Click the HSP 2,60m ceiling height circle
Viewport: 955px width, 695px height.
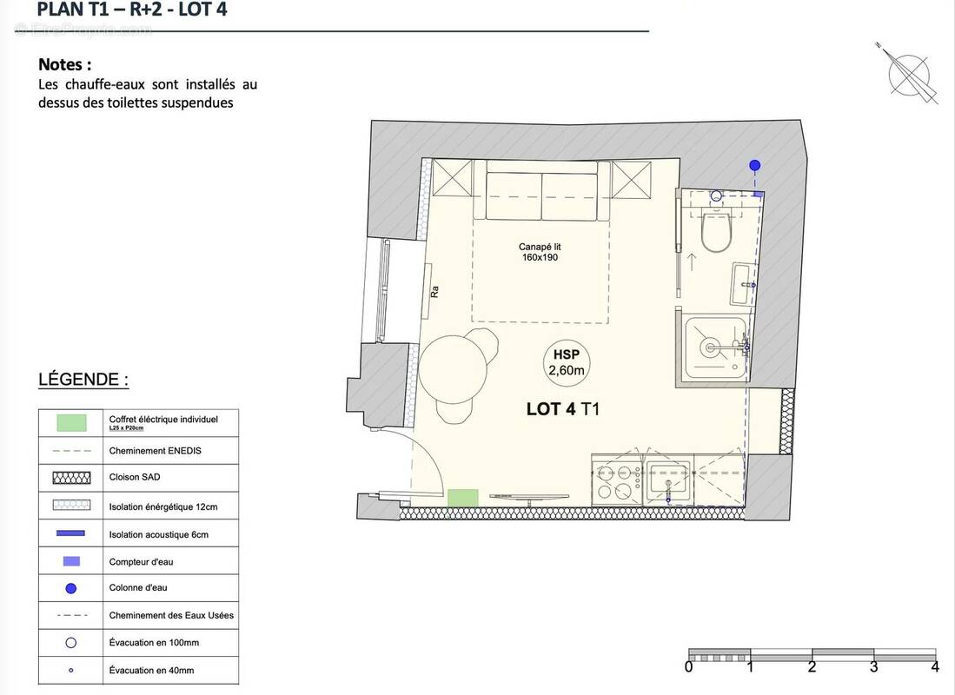point(566,362)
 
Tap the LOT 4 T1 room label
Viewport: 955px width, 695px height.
point(562,409)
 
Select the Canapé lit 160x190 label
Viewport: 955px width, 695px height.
point(541,252)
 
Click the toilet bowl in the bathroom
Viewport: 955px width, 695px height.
point(718,232)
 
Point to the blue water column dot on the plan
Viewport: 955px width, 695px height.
point(755,165)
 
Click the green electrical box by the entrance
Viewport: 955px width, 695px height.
point(463,498)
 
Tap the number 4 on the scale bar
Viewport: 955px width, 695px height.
point(935,667)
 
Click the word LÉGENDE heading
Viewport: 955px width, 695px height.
point(83,380)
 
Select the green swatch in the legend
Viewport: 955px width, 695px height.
point(71,423)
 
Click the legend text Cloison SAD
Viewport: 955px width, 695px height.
point(135,477)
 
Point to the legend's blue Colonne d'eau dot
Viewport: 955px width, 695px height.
point(71,588)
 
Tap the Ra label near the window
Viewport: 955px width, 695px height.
point(434,292)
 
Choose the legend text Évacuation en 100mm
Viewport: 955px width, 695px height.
point(154,643)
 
